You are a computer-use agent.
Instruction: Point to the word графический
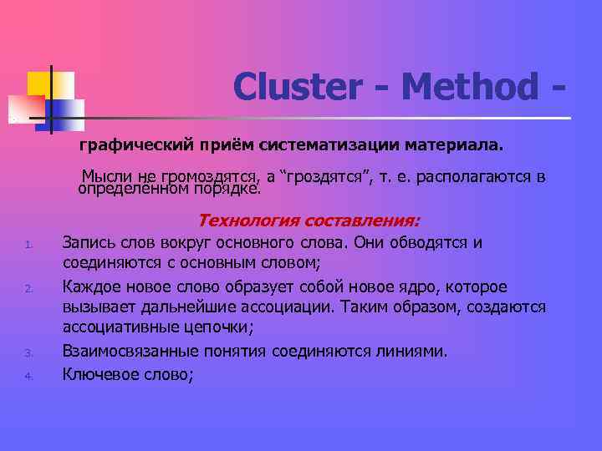pos(125,147)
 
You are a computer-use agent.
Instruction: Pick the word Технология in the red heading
pos(241,221)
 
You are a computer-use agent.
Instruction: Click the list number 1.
pos(28,246)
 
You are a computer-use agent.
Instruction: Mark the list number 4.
pos(28,376)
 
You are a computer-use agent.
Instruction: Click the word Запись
pos(89,243)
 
